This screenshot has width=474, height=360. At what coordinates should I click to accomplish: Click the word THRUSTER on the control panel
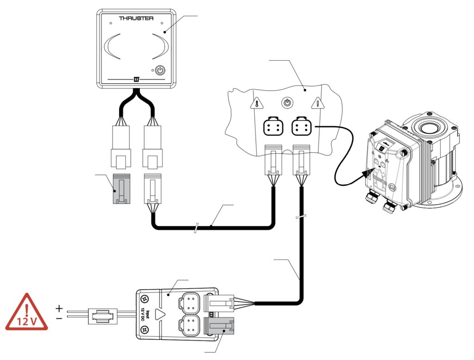[x=136, y=18]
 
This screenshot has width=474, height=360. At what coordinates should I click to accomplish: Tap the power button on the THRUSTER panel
[x=160, y=71]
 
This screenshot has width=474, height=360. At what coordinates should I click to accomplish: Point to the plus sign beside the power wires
[x=59, y=309]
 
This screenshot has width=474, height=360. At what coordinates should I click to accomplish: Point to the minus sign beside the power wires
[x=59, y=318]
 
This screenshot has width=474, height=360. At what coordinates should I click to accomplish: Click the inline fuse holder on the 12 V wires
[x=103, y=316]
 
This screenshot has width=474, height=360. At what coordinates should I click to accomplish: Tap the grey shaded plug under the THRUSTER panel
[x=122, y=189]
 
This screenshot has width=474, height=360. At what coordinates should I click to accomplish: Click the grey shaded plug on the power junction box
[x=219, y=328]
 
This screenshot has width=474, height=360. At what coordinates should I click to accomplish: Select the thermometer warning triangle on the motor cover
[x=257, y=103]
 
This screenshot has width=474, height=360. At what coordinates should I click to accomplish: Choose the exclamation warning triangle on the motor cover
[x=318, y=103]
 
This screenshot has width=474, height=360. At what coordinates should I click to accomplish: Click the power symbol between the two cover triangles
[x=287, y=103]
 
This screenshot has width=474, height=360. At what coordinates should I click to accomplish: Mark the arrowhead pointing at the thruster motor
[x=367, y=174]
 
